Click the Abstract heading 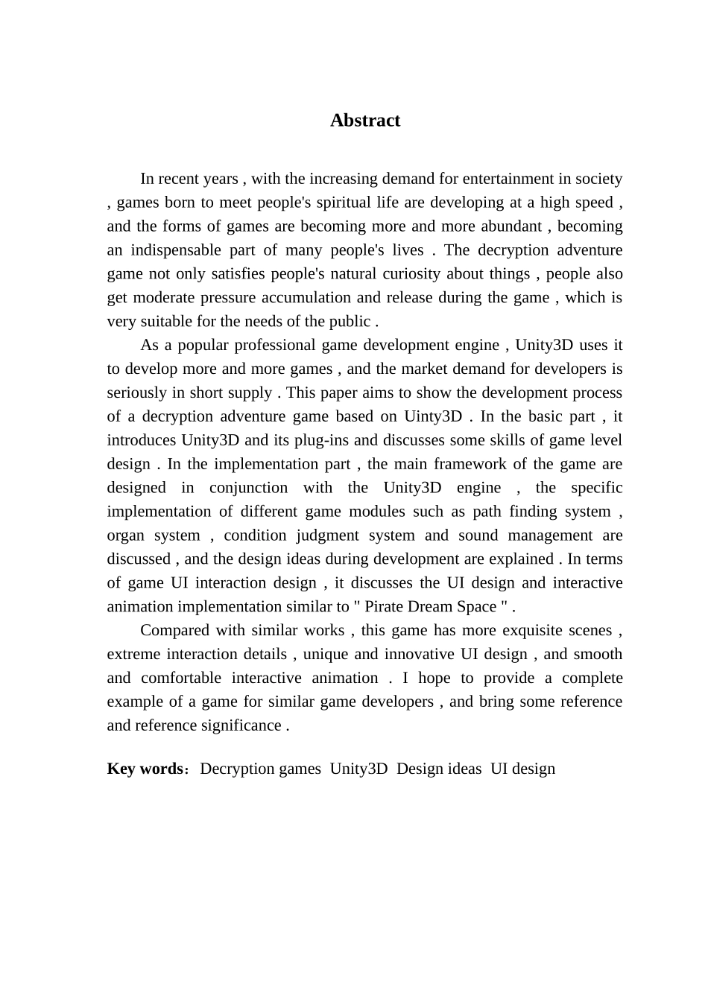365,121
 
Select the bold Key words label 145,769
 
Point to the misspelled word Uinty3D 433,416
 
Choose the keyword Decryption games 260,769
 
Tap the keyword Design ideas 439,769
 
